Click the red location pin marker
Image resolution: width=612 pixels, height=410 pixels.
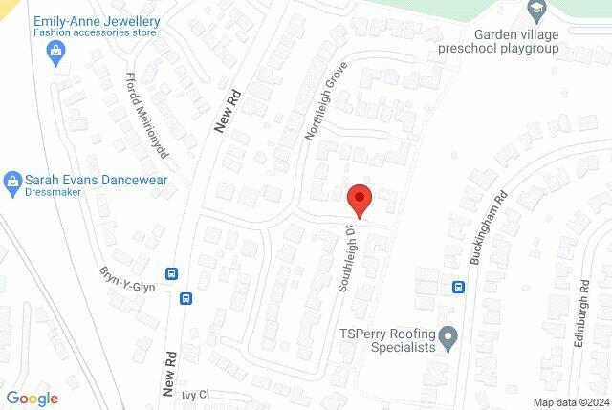pyautogui.click(x=360, y=200)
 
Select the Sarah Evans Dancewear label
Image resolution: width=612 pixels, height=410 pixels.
pyautogui.click(x=96, y=180)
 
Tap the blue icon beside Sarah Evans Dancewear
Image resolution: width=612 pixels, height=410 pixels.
pyautogui.click(x=12, y=181)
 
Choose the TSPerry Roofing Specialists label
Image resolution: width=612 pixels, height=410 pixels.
pyautogui.click(x=388, y=340)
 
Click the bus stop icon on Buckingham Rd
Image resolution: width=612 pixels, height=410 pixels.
pyautogui.click(x=458, y=286)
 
